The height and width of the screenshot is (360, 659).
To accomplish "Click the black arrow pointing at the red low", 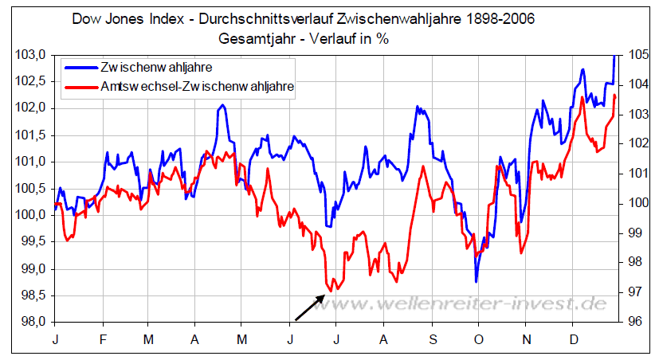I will point(310,307).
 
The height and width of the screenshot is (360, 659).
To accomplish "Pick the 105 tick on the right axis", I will point(636,55).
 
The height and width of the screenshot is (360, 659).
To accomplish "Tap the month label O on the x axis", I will point(478,339).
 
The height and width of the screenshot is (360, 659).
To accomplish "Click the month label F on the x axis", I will point(102,339).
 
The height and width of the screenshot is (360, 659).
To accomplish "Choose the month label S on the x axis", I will point(432,339).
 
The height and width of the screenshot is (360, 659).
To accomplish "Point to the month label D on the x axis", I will point(572,339).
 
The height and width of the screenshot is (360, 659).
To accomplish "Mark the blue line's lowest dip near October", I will point(477,281).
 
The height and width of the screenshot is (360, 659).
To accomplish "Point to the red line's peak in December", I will point(583,98).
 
